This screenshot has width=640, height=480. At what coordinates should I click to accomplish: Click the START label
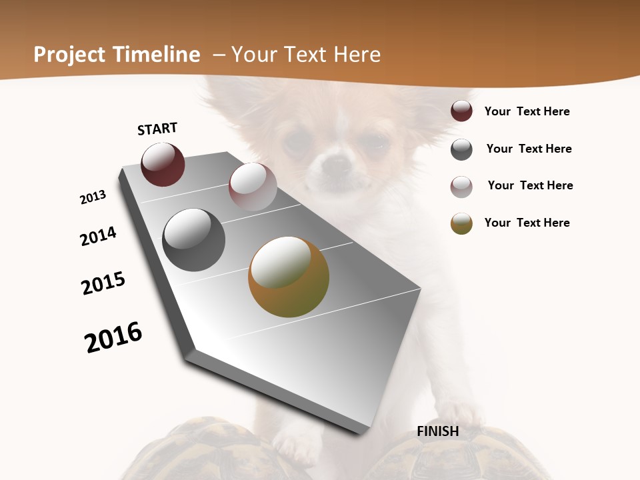point(157,129)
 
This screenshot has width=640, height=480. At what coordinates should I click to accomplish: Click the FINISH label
point(438,431)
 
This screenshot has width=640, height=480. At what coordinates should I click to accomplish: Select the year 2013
point(93,197)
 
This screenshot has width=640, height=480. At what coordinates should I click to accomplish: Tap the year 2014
point(98,236)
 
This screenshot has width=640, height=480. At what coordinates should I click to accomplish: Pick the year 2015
point(103,283)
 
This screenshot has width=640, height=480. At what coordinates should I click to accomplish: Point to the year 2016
point(113,337)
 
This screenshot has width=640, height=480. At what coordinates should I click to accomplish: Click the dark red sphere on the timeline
point(163,165)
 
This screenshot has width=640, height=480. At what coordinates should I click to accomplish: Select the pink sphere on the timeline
point(253,187)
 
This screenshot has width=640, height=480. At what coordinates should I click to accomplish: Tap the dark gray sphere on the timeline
point(194,240)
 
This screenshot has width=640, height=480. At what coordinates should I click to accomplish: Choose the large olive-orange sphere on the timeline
point(289,277)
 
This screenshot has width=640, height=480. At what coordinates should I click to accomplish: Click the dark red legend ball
point(461,111)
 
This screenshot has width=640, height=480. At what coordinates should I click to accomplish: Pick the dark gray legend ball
point(461,149)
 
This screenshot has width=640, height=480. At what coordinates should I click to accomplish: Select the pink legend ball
point(461,187)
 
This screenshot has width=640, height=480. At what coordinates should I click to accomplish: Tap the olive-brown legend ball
point(461,223)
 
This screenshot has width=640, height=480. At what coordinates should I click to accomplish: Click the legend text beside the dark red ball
point(527,111)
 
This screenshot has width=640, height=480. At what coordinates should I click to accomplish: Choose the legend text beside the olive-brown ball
point(527,223)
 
